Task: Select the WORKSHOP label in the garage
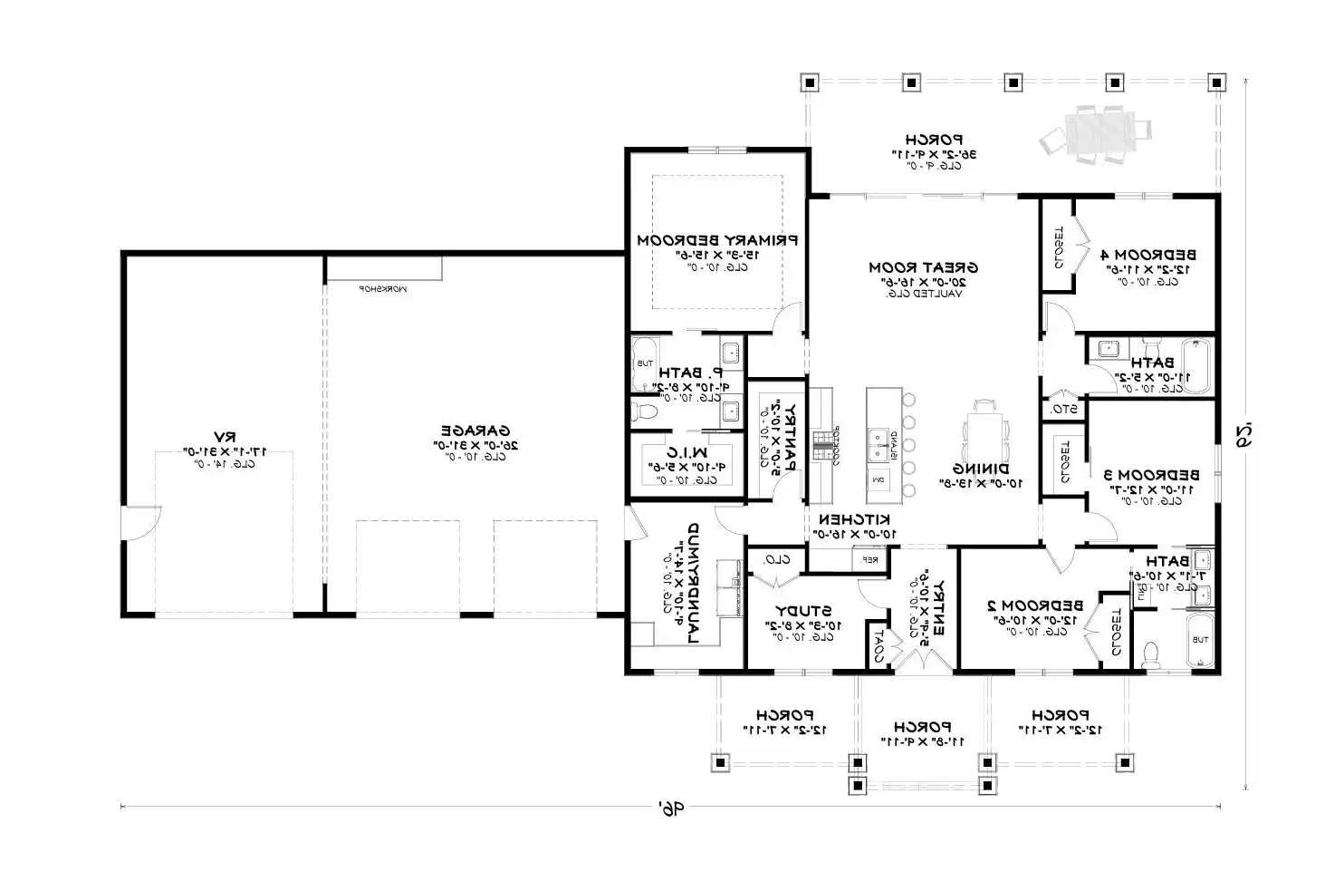(x=383, y=288)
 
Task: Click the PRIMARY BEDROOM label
(x=716, y=240)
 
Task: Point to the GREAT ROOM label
(x=923, y=267)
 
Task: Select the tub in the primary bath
(x=645, y=363)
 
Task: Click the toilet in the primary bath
(x=645, y=412)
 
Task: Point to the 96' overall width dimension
(x=669, y=807)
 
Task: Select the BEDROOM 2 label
(x=1034, y=605)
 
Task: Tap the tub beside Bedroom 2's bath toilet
(x=1199, y=640)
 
